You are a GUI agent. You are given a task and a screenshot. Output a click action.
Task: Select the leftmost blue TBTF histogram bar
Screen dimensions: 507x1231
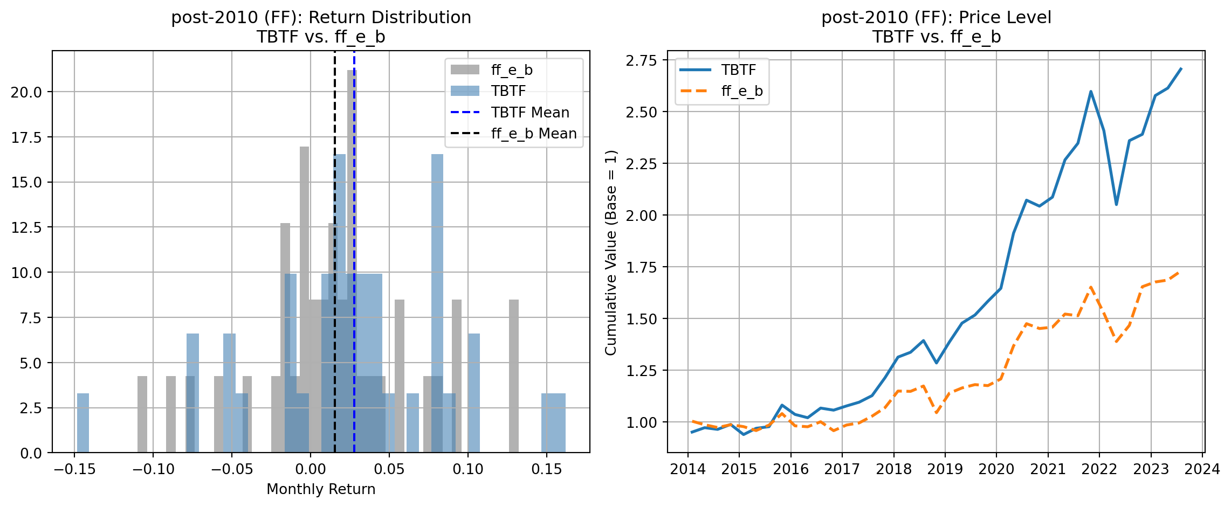(82, 423)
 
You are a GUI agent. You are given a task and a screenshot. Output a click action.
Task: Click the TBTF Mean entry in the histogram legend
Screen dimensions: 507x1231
(529, 113)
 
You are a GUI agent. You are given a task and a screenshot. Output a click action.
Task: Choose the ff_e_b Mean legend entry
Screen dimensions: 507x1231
(533, 134)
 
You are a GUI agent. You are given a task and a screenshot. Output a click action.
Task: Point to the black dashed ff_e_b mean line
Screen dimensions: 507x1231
(335, 162)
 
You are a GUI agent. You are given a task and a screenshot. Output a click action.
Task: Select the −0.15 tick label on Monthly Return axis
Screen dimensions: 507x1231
(74, 469)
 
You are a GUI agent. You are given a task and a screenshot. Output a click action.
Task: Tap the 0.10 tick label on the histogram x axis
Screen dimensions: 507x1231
(467, 469)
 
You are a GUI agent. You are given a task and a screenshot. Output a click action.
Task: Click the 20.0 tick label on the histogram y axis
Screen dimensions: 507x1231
(26, 92)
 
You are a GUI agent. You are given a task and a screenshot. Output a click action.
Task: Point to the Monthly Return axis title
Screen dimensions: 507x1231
(321, 489)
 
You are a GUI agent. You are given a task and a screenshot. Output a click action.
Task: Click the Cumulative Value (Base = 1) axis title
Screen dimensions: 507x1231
(610, 253)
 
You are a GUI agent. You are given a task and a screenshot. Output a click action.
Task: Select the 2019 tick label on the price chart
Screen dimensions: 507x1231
(945, 469)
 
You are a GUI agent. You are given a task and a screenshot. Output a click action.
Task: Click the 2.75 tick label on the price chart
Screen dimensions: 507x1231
(641, 60)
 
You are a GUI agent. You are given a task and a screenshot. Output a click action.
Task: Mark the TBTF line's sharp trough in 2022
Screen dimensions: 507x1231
(1116, 204)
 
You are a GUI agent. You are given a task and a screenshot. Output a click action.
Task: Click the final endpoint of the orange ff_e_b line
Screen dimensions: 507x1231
(1181, 273)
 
